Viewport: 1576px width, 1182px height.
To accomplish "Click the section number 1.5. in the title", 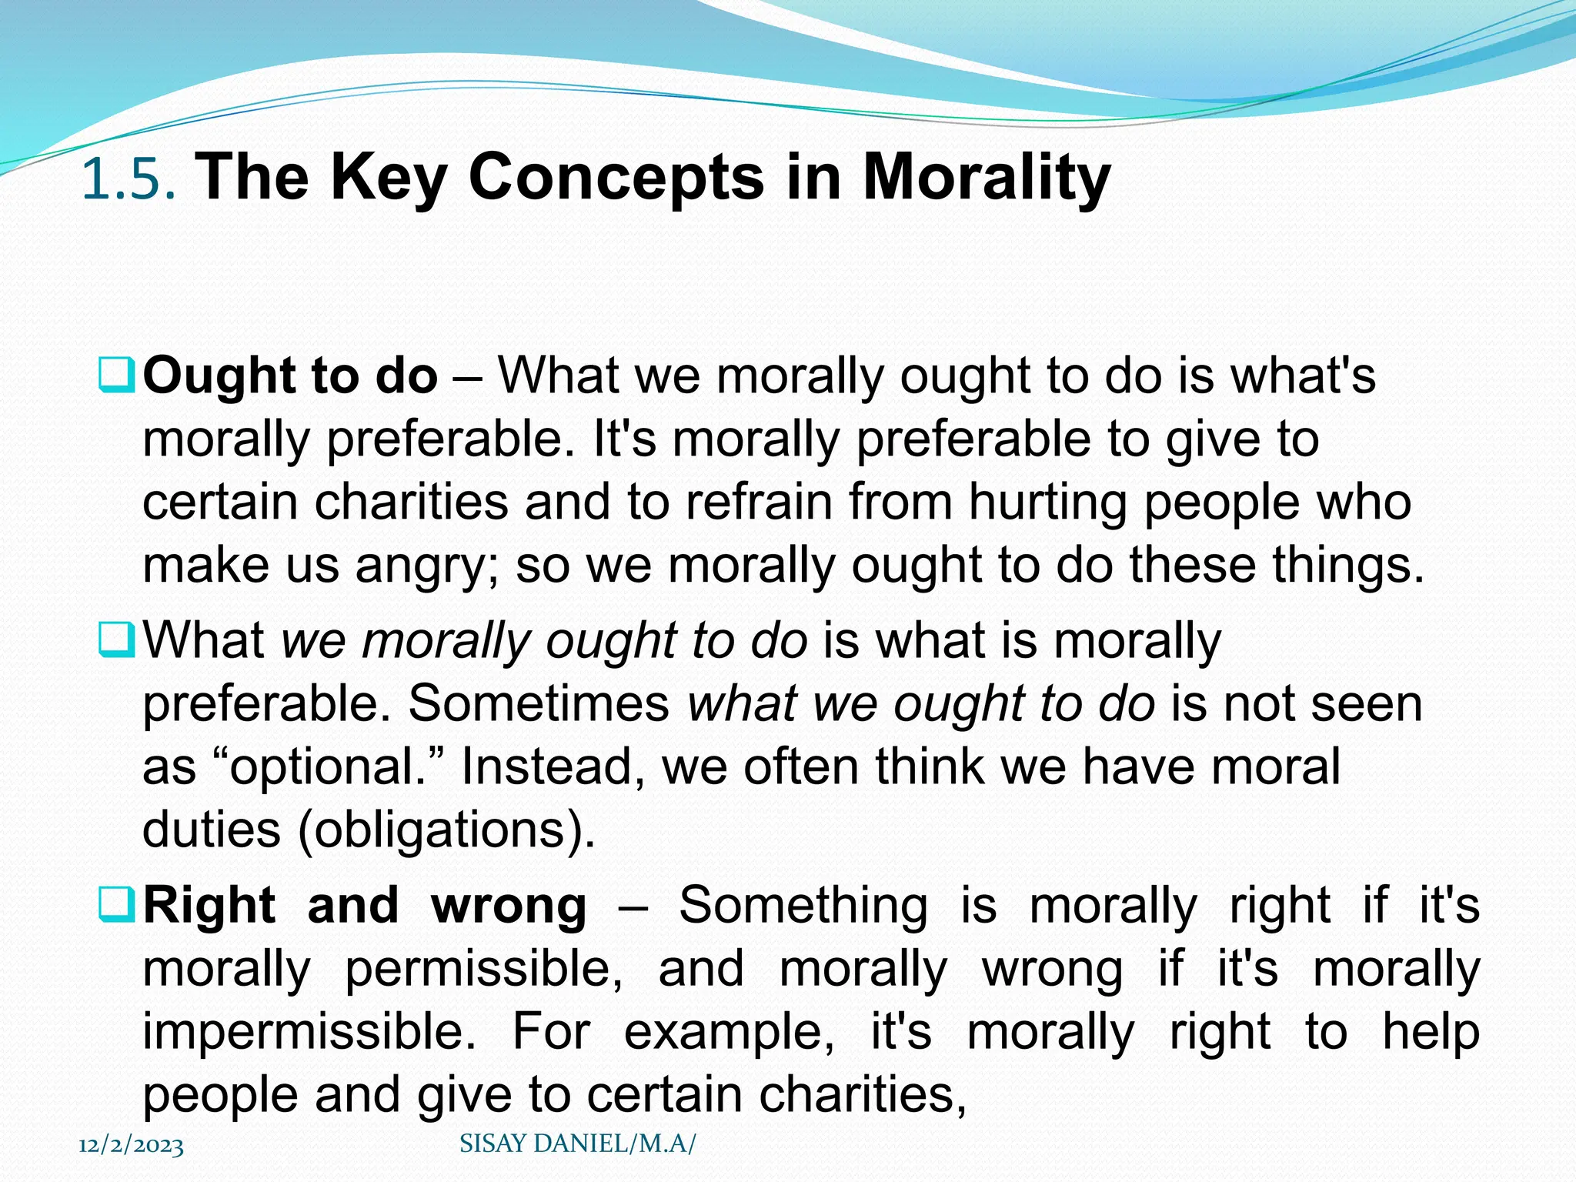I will (x=129, y=179).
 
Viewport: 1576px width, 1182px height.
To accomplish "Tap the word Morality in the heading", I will (x=987, y=179).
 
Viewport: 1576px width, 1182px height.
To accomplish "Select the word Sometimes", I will (x=539, y=703).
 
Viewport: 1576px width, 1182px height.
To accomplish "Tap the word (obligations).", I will (x=446, y=830).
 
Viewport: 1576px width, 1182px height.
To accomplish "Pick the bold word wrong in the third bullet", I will (x=509, y=905).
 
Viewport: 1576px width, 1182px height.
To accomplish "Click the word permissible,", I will (x=483, y=968).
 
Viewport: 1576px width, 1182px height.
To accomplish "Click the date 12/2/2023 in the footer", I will (x=132, y=1146).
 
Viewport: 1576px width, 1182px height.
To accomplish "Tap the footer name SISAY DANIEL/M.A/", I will (x=577, y=1144).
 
